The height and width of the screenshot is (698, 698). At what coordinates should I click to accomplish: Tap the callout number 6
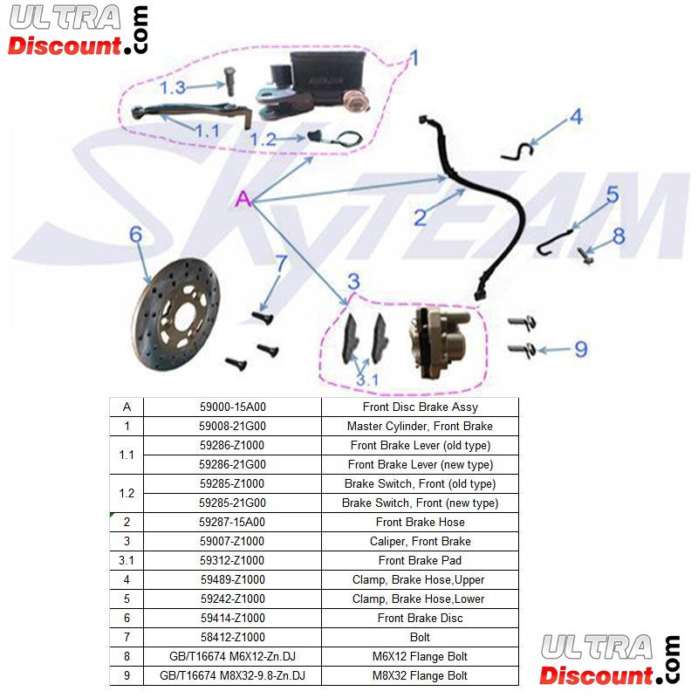pyautogui.click(x=135, y=234)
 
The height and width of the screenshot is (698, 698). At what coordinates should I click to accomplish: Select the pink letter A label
pyautogui.click(x=243, y=201)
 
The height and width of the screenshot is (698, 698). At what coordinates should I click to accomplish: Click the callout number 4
pyautogui.click(x=575, y=117)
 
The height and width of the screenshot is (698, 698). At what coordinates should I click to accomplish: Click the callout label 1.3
pyautogui.click(x=173, y=87)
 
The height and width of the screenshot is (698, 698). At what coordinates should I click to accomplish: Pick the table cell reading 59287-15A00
pyautogui.click(x=232, y=522)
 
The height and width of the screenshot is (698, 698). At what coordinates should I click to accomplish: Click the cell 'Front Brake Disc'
pyautogui.click(x=420, y=618)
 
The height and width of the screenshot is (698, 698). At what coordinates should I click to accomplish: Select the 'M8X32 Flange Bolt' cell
pyautogui.click(x=420, y=675)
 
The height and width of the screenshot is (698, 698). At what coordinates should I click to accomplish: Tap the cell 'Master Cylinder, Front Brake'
pyautogui.click(x=420, y=427)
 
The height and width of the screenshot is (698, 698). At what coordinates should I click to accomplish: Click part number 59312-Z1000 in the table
pyautogui.click(x=232, y=560)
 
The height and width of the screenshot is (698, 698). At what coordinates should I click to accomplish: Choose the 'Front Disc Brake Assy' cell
pyautogui.click(x=420, y=407)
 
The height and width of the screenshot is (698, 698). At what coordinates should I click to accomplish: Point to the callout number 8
pyautogui.click(x=619, y=235)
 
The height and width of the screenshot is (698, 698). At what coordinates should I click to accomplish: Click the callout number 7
pyautogui.click(x=280, y=263)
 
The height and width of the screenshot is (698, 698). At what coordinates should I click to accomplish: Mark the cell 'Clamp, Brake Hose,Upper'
pyautogui.click(x=420, y=579)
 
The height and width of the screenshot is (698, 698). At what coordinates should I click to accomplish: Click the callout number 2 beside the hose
pyautogui.click(x=420, y=216)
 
